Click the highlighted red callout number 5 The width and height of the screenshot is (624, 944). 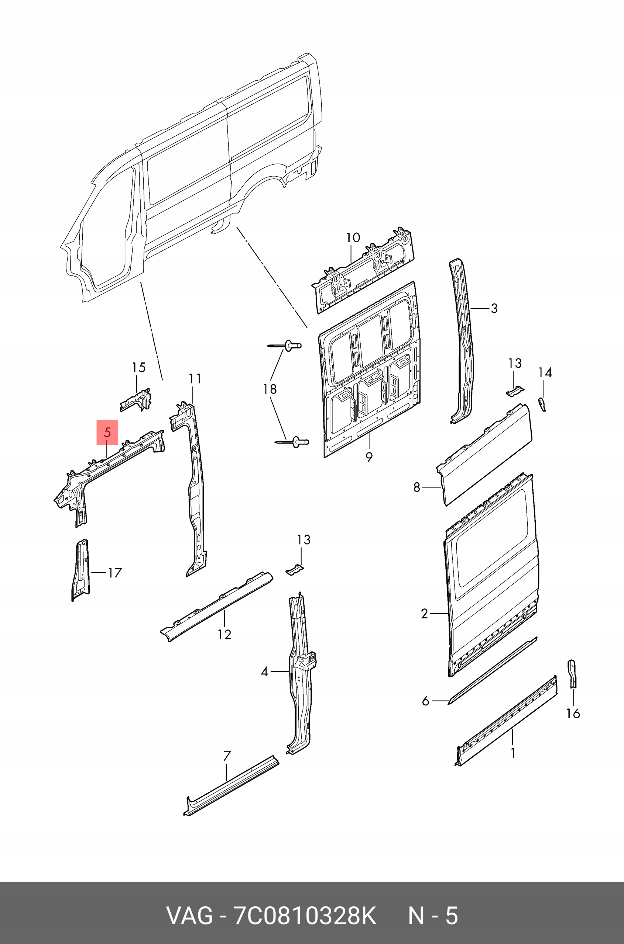[107, 432]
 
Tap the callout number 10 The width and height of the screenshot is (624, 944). [353, 238]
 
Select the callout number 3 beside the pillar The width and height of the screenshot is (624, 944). [494, 308]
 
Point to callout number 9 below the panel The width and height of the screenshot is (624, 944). [369, 457]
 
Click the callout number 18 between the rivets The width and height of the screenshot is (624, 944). [270, 389]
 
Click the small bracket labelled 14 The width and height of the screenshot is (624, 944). [542, 404]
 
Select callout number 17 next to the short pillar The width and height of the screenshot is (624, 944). [114, 573]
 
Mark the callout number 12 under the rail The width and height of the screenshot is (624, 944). [224, 634]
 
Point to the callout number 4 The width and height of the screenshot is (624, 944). [264, 672]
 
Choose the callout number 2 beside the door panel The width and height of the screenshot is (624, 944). [424, 614]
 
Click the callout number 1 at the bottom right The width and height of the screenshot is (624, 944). [513, 753]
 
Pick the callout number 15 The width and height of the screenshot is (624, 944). [138, 367]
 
